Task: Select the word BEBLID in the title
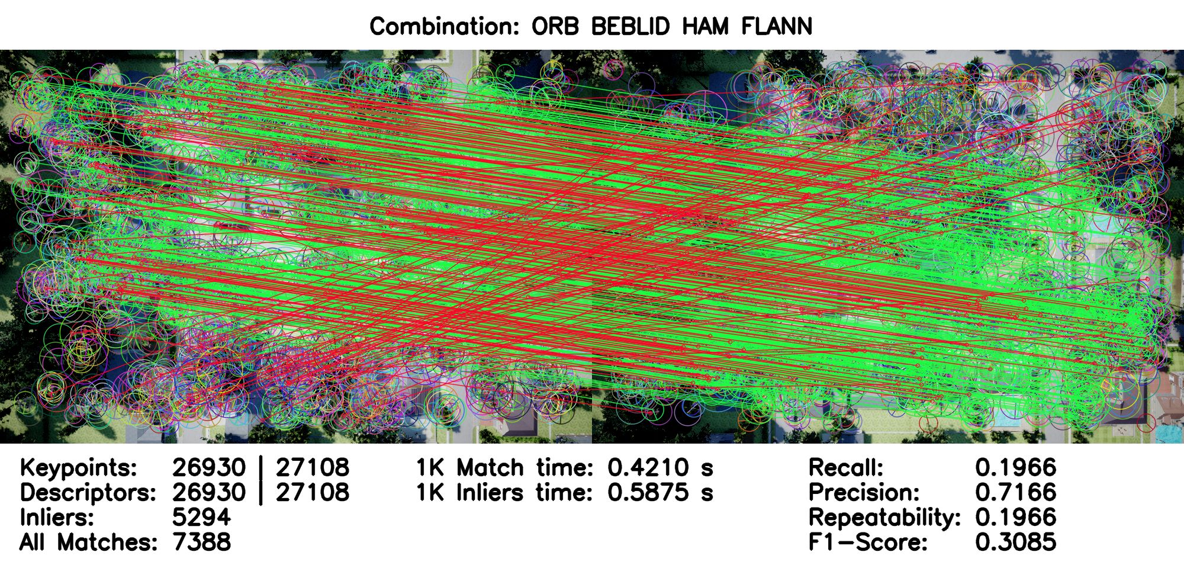[630, 27]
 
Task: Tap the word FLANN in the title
[777, 27]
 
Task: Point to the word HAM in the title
[705, 27]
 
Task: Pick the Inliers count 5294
[201, 517]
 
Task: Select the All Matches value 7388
[201, 542]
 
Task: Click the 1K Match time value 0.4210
[648, 467]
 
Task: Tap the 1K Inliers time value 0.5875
[648, 492]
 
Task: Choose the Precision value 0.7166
[1015, 492]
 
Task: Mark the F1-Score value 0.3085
[1015, 542]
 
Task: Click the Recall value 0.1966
[1015, 467]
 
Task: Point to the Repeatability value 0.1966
[1015, 517]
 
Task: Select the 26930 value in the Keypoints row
[209, 467]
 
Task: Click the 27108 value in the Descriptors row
[313, 492]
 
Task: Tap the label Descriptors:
[88, 492]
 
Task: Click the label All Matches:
[88, 542]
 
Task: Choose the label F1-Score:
[868, 542]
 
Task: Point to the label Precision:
[864, 492]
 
